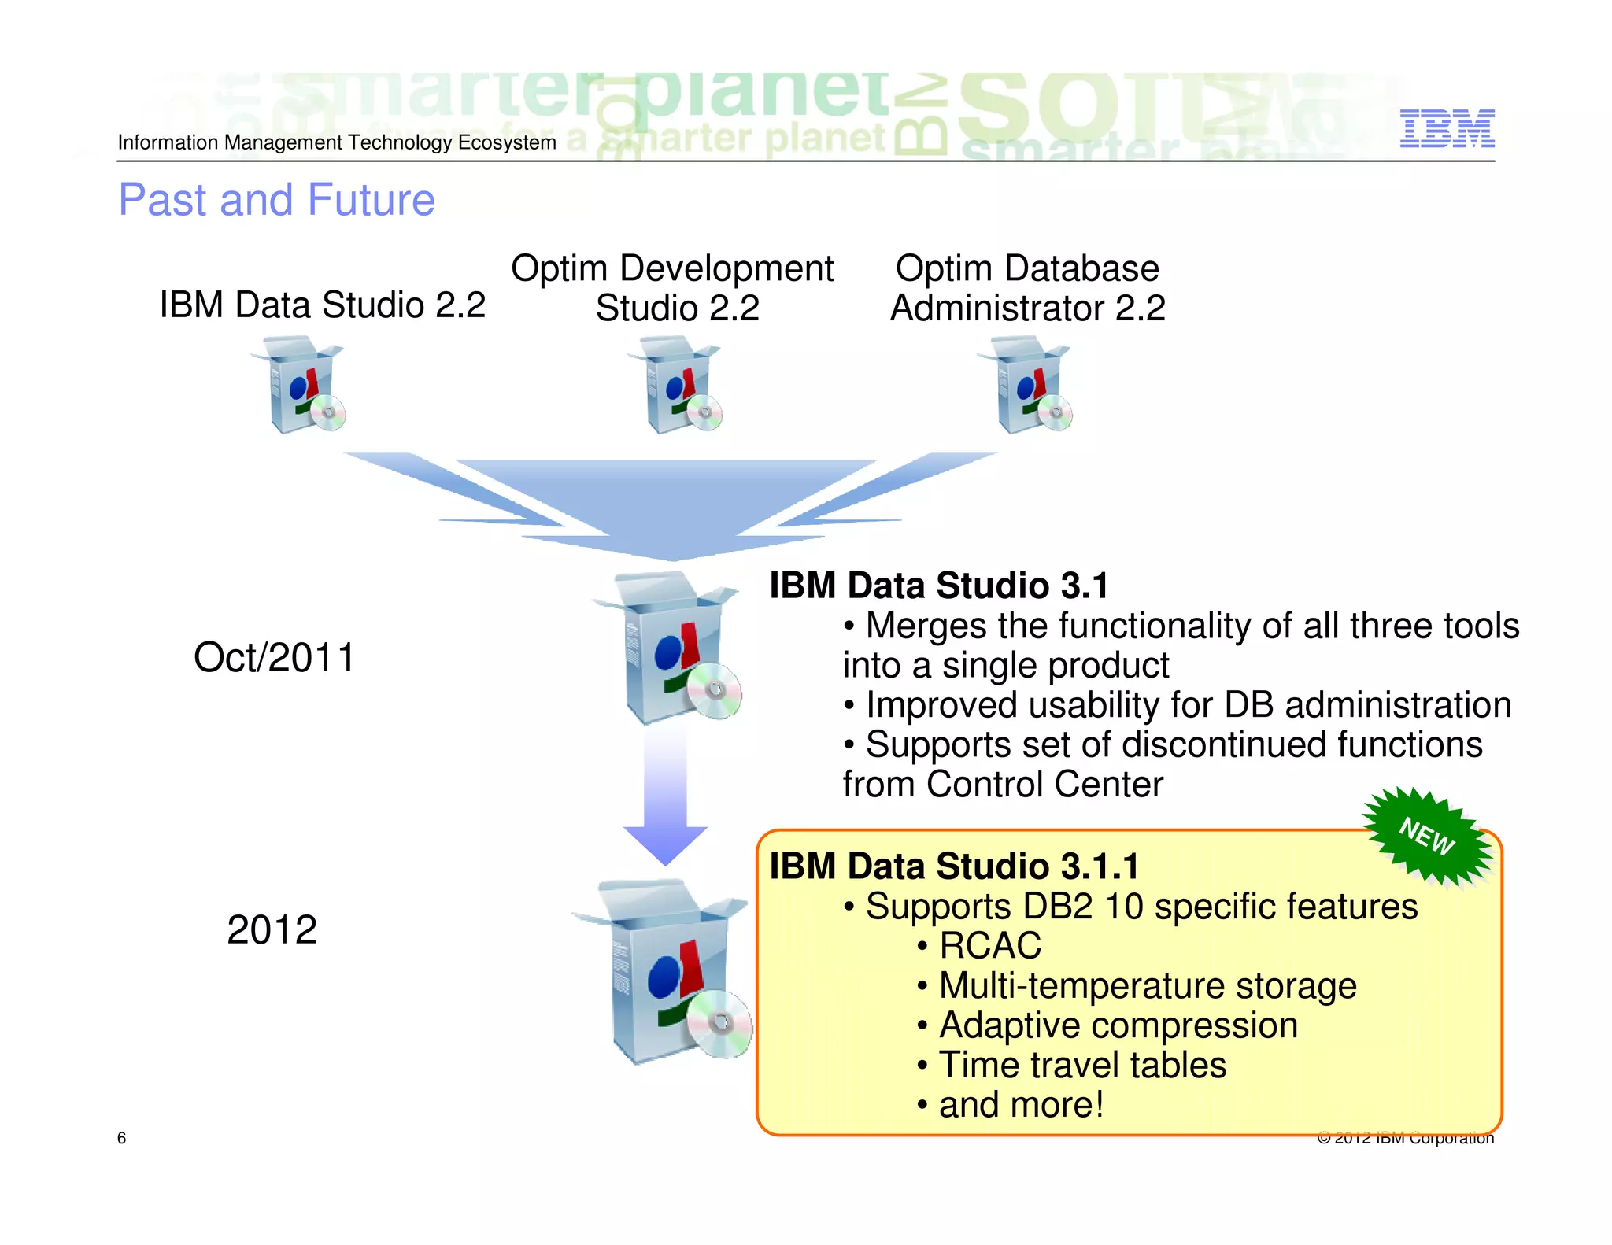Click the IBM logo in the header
click(x=1447, y=128)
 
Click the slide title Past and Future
click(x=276, y=200)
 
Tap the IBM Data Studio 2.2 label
click(x=322, y=305)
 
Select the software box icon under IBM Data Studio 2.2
click(x=298, y=385)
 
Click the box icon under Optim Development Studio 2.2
click(x=675, y=385)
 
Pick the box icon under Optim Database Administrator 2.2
click(x=1025, y=385)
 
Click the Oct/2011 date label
click(x=274, y=658)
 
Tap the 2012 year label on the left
click(x=272, y=930)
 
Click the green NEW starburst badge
click(x=1427, y=837)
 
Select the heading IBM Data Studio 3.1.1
click(x=954, y=866)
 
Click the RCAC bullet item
click(x=989, y=946)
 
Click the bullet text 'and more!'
click(x=1021, y=1105)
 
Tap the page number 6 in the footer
click(x=121, y=1138)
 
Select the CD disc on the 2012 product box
click(x=718, y=1023)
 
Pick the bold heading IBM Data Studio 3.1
click(x=939, y=586)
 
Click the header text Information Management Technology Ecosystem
click(x=337, y=142)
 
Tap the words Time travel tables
click(x=1082, y=1066)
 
